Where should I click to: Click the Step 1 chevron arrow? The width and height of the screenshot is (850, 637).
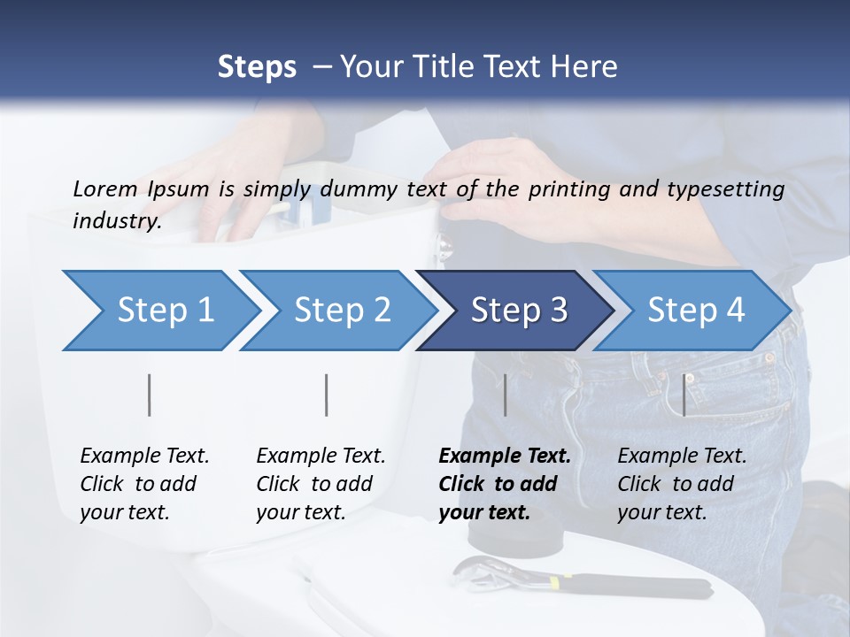[159, 311]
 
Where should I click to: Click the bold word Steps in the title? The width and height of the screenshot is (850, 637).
[257, 67]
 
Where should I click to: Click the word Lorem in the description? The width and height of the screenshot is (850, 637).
[104, 188]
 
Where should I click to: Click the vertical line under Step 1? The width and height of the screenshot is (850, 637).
[150, 395]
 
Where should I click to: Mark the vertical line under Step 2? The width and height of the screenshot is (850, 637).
[327, 395]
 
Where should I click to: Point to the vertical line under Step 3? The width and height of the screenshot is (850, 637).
[505, 395]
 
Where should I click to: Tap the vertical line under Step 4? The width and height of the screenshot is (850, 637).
[684, 395]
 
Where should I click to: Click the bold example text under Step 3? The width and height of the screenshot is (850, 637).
[504, 484]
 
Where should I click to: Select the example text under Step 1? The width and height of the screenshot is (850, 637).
[143, 484]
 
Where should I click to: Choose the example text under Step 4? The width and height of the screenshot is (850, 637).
[681, 484]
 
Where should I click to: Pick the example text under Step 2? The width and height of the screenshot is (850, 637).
[320, 484]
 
